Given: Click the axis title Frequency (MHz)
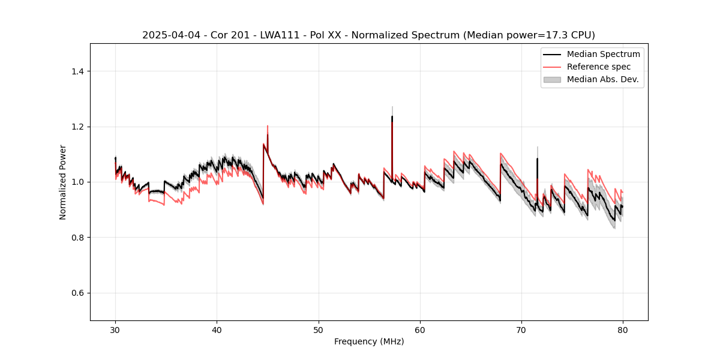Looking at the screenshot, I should point(369,341).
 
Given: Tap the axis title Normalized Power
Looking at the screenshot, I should point(63,182).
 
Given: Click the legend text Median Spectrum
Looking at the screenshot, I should point(603,54).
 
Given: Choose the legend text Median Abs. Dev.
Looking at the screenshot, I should point(602,79).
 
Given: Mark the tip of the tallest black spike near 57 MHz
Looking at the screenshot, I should point(392,117).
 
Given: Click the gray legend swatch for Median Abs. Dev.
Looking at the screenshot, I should point(552,79).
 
